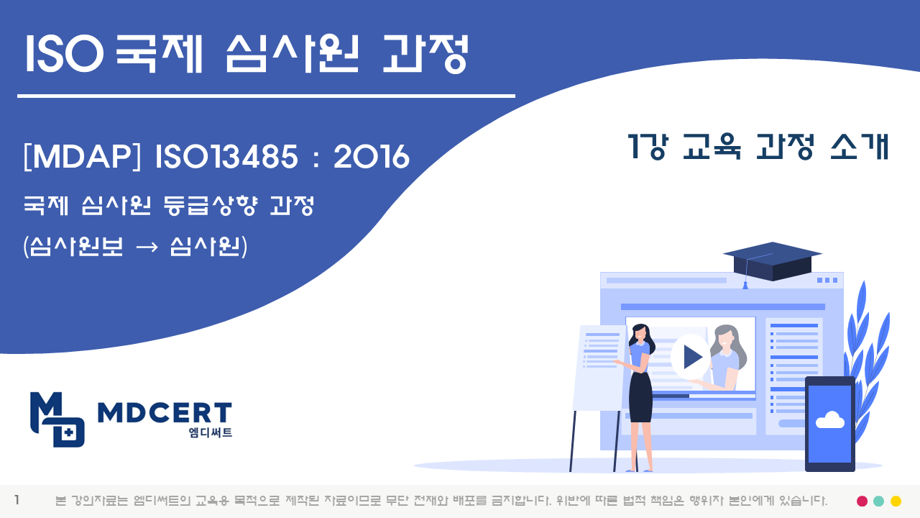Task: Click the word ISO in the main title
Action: coord(64,53)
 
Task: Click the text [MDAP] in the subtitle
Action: coord(82,157)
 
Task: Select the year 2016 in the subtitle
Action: coord(372,157)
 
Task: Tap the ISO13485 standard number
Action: coord(226,157)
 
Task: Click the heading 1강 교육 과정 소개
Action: coord(758,147)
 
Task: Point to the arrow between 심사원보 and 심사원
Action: coord(147,247)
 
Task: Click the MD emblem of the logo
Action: coord(57,419)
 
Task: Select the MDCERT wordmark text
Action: coord(165,413)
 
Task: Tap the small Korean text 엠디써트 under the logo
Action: coord(211,432)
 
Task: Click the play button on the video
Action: coord(691,357)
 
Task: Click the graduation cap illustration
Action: coord(771,263)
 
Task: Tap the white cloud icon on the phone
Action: coord(829,419)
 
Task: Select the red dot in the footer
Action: coord(862,501)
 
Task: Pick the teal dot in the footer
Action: coord(878,501)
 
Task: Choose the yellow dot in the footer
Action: coord(896,501)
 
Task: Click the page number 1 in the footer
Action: coord(17,500)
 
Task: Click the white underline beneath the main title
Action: coord(266,96)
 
